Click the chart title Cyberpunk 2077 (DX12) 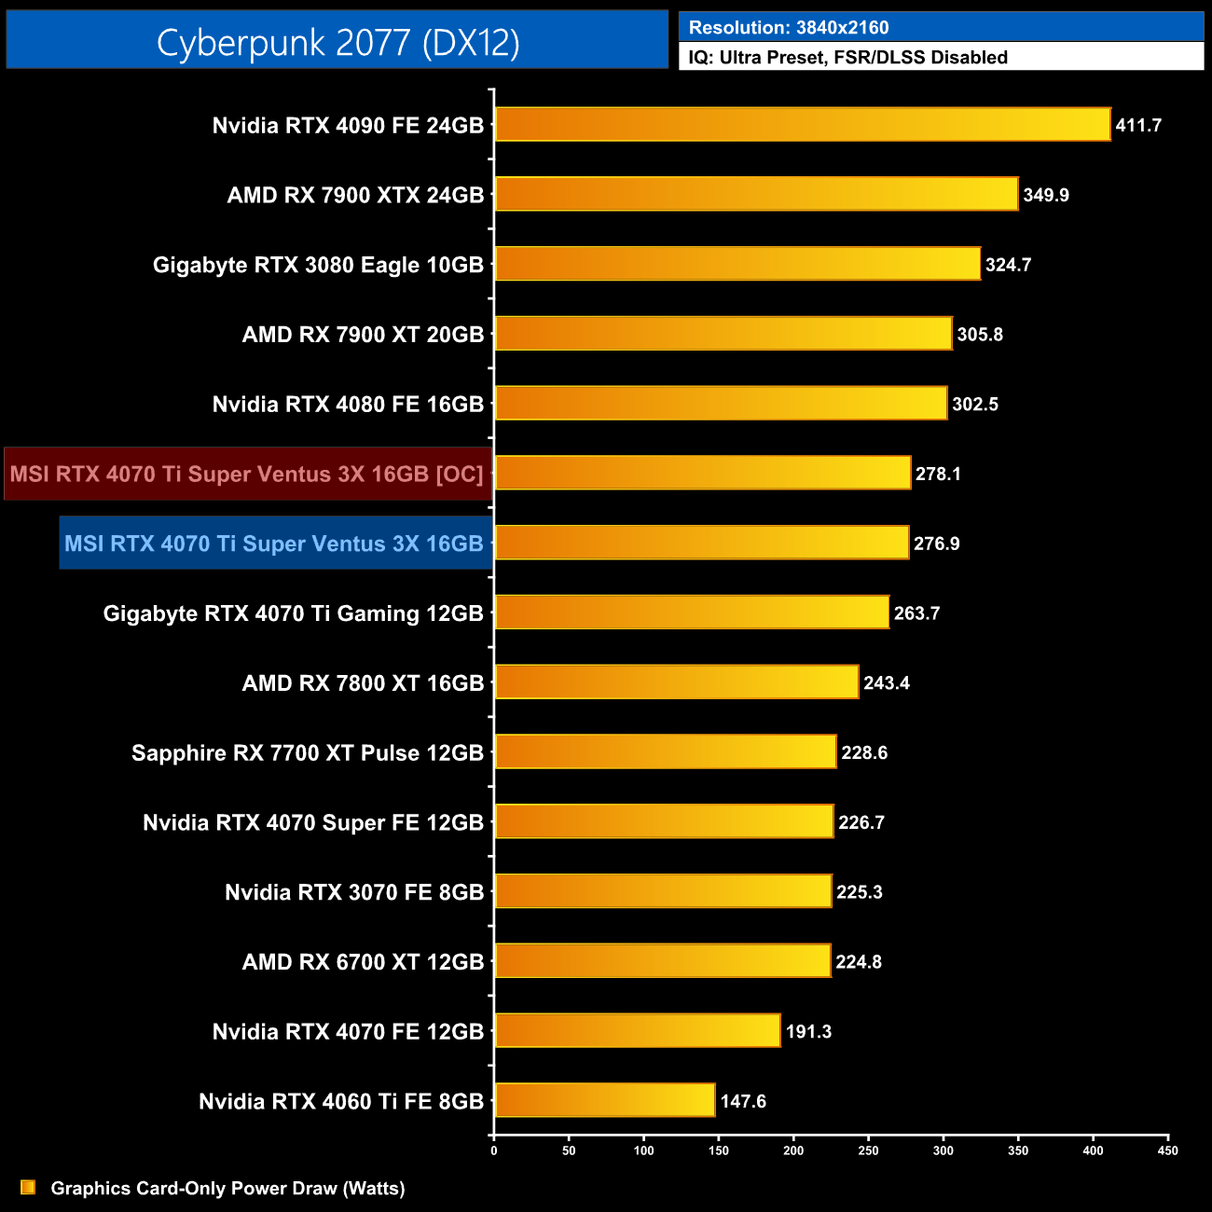[x=337, y=42]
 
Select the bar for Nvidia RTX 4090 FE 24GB [x=802, y=124]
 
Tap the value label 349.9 [x=1045, y=195]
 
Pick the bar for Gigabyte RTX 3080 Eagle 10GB [x=737, y=264]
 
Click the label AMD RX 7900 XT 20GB [x=363, y=335]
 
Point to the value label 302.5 [x=974, y=404]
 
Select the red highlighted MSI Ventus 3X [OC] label [x=247, y=474]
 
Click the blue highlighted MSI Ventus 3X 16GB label [x=274, y=544]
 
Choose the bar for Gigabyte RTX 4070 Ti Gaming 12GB [x=691, y=613]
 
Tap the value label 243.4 [x=886, y=683]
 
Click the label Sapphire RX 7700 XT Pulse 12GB [x=308, y=753]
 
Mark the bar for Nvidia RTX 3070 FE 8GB [x=662, y=891]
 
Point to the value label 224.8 [x=858, y=961]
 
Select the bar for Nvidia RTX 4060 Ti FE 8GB [x=604, y=1100]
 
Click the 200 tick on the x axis [x=793, y=1150]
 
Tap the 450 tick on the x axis [x=1167, y=1150]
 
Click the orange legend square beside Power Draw [x=28, y=1187]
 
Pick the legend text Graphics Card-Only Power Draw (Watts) [x=227, y=1188]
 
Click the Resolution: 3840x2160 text [x=789, y=28]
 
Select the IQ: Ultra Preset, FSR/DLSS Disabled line [x=847, y=58]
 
